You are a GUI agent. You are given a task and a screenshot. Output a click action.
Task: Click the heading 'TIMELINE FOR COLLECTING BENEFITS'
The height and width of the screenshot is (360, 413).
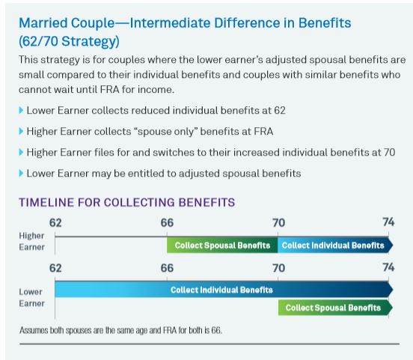point(127,202)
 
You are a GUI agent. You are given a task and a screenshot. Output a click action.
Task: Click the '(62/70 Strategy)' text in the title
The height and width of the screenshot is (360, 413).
point(69,41)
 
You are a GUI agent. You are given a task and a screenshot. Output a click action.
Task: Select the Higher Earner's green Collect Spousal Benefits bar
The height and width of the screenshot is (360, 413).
point(222,245)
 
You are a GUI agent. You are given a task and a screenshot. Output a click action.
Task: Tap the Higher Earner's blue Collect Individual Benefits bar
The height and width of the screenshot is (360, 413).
point(335,245)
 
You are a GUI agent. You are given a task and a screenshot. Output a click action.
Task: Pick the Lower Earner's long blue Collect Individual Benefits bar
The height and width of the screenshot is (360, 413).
point(224,290)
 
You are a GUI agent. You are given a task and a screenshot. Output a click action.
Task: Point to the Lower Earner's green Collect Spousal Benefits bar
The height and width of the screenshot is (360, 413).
point(335,308)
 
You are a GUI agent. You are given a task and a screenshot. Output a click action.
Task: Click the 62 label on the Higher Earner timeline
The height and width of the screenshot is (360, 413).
point(55,223)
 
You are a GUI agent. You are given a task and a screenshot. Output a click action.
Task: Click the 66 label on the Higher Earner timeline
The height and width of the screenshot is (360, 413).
point(167,223)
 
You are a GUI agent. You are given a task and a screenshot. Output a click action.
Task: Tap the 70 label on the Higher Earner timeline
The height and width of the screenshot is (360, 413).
point(278,223)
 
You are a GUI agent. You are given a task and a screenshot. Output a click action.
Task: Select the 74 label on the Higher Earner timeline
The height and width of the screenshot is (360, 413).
point(389,222)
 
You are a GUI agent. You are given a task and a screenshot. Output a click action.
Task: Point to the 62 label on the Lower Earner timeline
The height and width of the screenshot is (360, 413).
point(55,268)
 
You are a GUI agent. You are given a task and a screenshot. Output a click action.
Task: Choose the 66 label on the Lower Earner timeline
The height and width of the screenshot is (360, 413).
point(167,268)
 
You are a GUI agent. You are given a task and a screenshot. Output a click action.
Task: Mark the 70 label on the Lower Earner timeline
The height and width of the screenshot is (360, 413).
point(278,268)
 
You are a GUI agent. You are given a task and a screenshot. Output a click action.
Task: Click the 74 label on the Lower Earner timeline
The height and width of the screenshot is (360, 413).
point(389,267)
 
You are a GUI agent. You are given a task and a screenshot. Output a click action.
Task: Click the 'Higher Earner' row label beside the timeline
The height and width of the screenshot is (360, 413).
point(31,242)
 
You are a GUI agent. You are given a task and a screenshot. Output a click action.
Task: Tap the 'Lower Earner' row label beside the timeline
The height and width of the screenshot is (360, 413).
point(31,298)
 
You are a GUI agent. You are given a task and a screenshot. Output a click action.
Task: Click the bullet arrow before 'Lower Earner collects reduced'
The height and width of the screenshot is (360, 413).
point(21,110)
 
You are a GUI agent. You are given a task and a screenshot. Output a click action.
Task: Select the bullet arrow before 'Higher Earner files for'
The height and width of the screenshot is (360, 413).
point(21,152)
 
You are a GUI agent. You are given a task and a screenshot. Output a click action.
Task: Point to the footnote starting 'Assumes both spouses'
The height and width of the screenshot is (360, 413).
point(120,330)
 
